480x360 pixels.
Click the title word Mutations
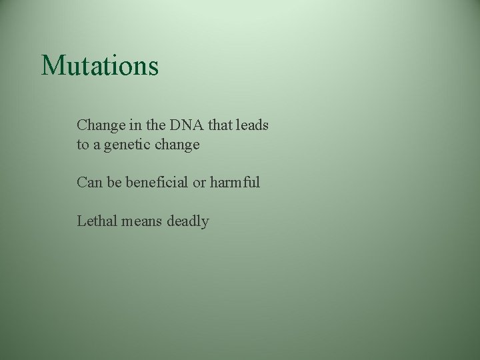(100, 66)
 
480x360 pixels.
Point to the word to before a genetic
(83, 145)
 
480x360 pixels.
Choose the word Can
(89, 182)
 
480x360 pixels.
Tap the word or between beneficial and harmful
(199, 182)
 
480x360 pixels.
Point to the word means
(141, 221)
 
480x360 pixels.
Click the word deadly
(188, 221)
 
